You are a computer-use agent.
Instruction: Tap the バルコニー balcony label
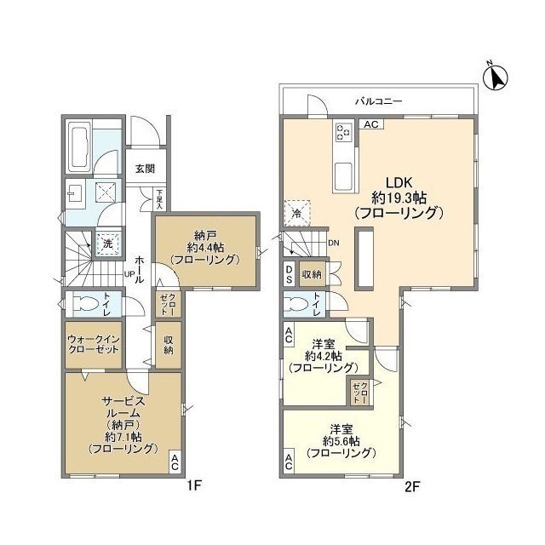(x=378, y=101)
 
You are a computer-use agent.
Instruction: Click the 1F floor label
(x=195, y=486)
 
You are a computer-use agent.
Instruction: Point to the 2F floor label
(x=412, y=486)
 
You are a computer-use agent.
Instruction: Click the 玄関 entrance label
(x=145, y=169)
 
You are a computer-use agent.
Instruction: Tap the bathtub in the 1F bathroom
(x=79, y=146)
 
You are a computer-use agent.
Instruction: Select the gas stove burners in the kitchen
(x=343, y=132)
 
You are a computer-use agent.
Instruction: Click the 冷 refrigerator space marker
(x=297, y=213)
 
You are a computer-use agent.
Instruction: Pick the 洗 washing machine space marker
(x=108, y=244)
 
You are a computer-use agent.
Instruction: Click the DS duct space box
(x=290, y=274)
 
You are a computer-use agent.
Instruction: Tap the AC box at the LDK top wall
(x=371, y=124)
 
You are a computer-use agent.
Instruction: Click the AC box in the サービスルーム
(x=175, y=462)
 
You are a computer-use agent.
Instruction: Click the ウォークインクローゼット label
(x=94, y=344)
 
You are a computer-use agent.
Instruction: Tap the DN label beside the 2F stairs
(x=334, y=243)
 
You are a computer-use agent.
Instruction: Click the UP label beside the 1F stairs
(x=129, y=274)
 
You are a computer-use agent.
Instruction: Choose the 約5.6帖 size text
(x=341, y=441)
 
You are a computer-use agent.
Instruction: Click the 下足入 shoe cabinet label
(x=159, y=199)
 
